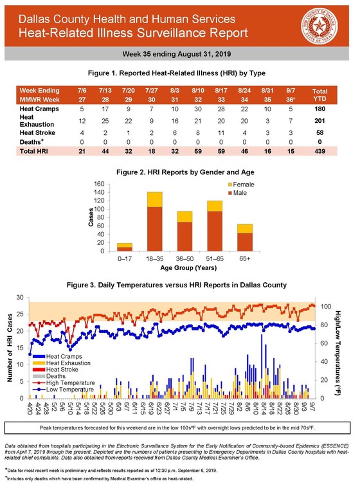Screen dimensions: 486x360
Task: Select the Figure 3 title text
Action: [x=179, y=284]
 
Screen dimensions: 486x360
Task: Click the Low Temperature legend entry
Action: [x=64, y=389]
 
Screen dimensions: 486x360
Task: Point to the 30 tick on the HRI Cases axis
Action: [x=21, y=297]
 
